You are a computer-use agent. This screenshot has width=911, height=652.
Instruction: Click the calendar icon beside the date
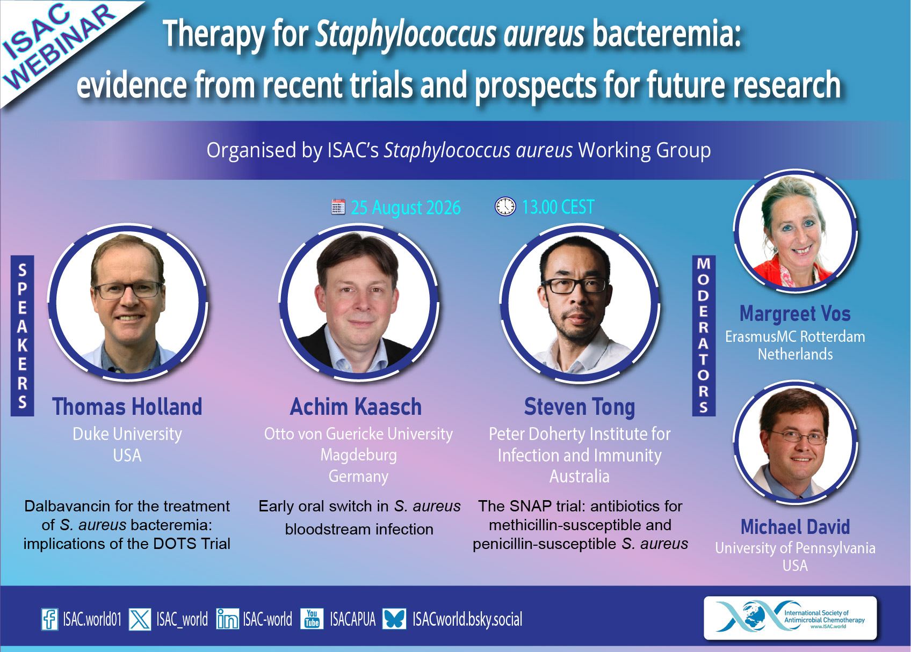338,207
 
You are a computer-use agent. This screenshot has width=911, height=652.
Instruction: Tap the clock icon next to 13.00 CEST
505,207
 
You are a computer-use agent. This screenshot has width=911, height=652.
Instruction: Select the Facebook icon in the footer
49,619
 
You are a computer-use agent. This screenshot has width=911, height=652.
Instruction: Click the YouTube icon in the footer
312,619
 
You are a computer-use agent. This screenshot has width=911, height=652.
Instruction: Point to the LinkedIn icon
227,619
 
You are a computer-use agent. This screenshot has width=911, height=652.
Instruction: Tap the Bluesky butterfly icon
394,619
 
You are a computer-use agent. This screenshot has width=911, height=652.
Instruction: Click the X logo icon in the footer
140,619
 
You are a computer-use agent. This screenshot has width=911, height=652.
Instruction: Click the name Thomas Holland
127,407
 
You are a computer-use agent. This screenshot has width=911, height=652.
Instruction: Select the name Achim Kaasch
356,407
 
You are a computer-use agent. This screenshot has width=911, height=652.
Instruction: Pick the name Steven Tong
580,407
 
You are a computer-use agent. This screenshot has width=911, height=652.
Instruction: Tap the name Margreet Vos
795,313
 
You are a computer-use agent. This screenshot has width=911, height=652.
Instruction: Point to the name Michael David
795,527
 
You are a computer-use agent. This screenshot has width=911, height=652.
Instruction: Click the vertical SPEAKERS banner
23,336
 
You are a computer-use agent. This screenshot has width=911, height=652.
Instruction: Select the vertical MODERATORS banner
704,336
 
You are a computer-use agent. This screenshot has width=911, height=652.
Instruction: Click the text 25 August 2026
406,208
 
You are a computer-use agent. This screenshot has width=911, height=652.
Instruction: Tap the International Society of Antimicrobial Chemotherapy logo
790,618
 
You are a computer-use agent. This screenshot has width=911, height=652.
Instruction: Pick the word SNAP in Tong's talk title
530,506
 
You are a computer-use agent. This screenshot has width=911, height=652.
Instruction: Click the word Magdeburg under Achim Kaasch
358,456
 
